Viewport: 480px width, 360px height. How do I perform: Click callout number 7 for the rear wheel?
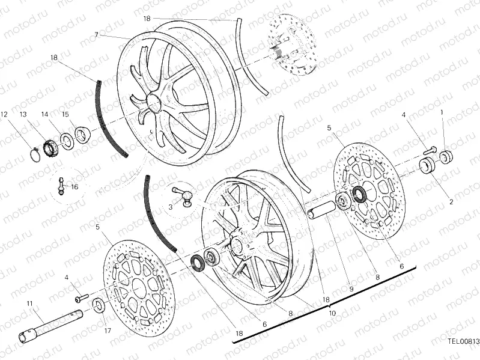coord(96,34)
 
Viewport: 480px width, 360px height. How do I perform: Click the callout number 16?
coord(74,187)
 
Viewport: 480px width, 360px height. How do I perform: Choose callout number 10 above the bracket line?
coord(332,313)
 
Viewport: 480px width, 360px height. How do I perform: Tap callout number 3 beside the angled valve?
coord(171,207)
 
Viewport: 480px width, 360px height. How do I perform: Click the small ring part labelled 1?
coord(446,157)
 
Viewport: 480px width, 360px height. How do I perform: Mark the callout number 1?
coord(442,112)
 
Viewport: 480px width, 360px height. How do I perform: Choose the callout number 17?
coord(107,330)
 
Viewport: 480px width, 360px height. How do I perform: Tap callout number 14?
coord(44,114)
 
